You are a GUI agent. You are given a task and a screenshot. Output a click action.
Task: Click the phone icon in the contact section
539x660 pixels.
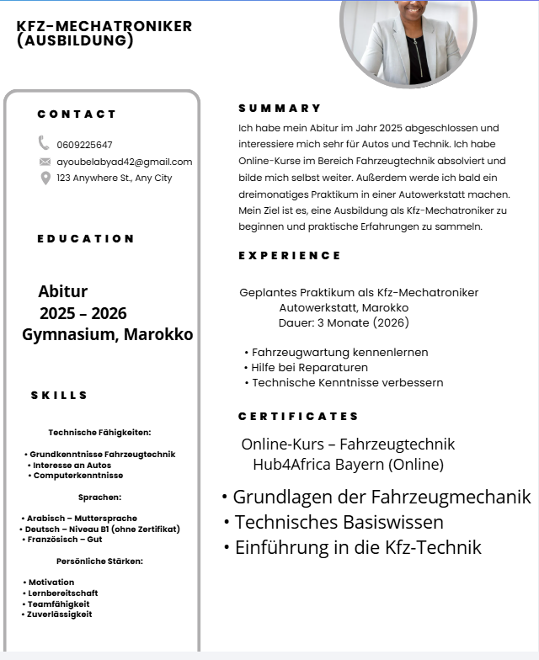coord(44,143)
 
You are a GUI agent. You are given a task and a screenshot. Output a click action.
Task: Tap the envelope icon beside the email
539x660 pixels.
coord(45,162)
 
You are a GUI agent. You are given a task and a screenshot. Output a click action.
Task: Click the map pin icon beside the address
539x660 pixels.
coord(45,178)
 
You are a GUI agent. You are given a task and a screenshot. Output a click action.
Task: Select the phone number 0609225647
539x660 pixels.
coord(84,145)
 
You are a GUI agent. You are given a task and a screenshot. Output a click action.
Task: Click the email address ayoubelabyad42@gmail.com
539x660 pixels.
coord(124,162)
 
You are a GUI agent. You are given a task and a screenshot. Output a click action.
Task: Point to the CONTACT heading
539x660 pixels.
coord(77,114)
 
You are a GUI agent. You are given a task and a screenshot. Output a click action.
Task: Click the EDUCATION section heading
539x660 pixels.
coord(86,239)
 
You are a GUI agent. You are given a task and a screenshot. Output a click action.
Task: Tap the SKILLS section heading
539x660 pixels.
coord(59,396)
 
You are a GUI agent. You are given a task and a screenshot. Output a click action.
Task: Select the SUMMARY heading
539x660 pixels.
coord(280,109)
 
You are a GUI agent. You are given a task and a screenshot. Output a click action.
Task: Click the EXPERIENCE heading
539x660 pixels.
coord(290,256)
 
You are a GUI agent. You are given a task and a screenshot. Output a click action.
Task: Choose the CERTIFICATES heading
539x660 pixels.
coord(298,417)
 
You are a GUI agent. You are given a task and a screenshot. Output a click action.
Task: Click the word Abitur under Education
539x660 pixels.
coord(63,292)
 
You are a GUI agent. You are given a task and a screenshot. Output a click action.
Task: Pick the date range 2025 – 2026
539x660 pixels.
coord(83,314)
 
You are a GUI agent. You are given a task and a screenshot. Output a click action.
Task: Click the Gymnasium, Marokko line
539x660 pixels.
coord(107,335)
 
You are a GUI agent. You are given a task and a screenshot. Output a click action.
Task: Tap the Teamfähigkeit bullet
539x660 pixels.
coord(59,604)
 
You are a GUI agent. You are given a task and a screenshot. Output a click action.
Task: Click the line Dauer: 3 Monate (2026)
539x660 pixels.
coord(344,322)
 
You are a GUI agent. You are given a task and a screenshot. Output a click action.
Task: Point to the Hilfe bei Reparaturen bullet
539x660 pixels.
coord(309,368)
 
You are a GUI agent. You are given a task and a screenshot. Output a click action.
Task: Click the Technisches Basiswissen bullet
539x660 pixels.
coord(339,522)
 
